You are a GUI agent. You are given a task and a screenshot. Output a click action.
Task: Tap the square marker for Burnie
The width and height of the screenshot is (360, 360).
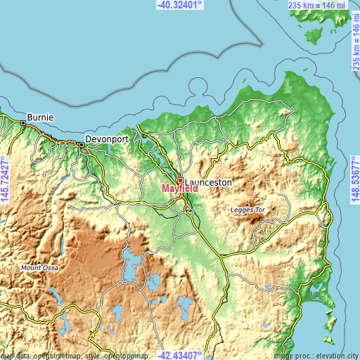23,123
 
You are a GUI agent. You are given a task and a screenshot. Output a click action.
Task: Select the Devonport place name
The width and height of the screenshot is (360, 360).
108,139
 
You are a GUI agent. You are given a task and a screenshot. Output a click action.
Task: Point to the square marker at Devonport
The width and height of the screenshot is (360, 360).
82,145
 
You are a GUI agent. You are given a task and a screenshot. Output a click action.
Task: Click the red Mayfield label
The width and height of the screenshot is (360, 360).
180,188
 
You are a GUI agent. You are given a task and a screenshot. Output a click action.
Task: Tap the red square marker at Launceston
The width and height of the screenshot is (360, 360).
180,181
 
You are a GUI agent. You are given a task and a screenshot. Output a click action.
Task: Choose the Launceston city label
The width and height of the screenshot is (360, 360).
208,181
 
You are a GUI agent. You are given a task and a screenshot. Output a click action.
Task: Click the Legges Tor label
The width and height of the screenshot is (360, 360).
248,210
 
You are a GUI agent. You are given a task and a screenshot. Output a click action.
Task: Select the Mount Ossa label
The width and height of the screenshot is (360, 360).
39,268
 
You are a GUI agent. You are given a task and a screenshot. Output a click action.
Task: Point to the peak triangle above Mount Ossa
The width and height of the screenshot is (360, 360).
39,262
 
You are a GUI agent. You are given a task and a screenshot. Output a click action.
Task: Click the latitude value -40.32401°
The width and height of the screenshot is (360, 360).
179,5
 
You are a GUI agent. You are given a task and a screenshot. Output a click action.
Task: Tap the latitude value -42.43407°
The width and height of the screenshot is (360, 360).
179,355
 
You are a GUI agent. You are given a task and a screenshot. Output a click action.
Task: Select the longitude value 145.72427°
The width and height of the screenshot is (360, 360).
5,180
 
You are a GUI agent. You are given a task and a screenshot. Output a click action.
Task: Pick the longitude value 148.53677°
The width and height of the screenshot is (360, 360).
355,180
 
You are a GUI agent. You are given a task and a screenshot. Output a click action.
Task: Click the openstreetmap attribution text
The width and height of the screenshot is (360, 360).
70,355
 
